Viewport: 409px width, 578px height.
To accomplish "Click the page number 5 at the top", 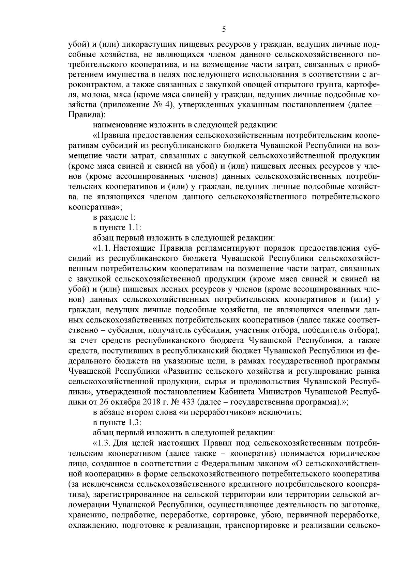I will [224, 29].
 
